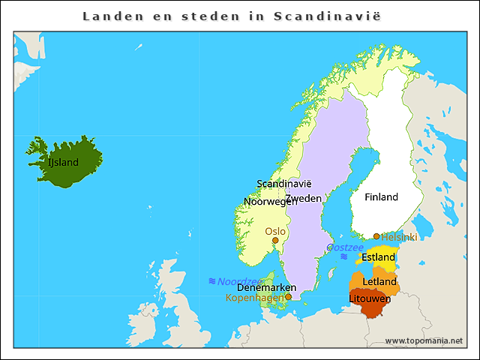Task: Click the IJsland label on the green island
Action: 63,162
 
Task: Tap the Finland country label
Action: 381,197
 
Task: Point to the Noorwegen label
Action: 271,202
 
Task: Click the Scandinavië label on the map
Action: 283,184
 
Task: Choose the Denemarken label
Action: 266,287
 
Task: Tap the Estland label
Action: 378,257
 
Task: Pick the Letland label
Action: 379,281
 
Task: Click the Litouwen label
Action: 370,298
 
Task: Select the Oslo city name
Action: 275,231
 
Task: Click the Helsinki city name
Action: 399,237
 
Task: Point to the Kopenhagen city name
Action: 254,298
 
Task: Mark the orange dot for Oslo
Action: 275,241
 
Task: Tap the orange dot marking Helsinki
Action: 376,236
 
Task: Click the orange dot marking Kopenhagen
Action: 288,297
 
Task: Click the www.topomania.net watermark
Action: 424,340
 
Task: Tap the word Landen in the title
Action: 108,16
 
